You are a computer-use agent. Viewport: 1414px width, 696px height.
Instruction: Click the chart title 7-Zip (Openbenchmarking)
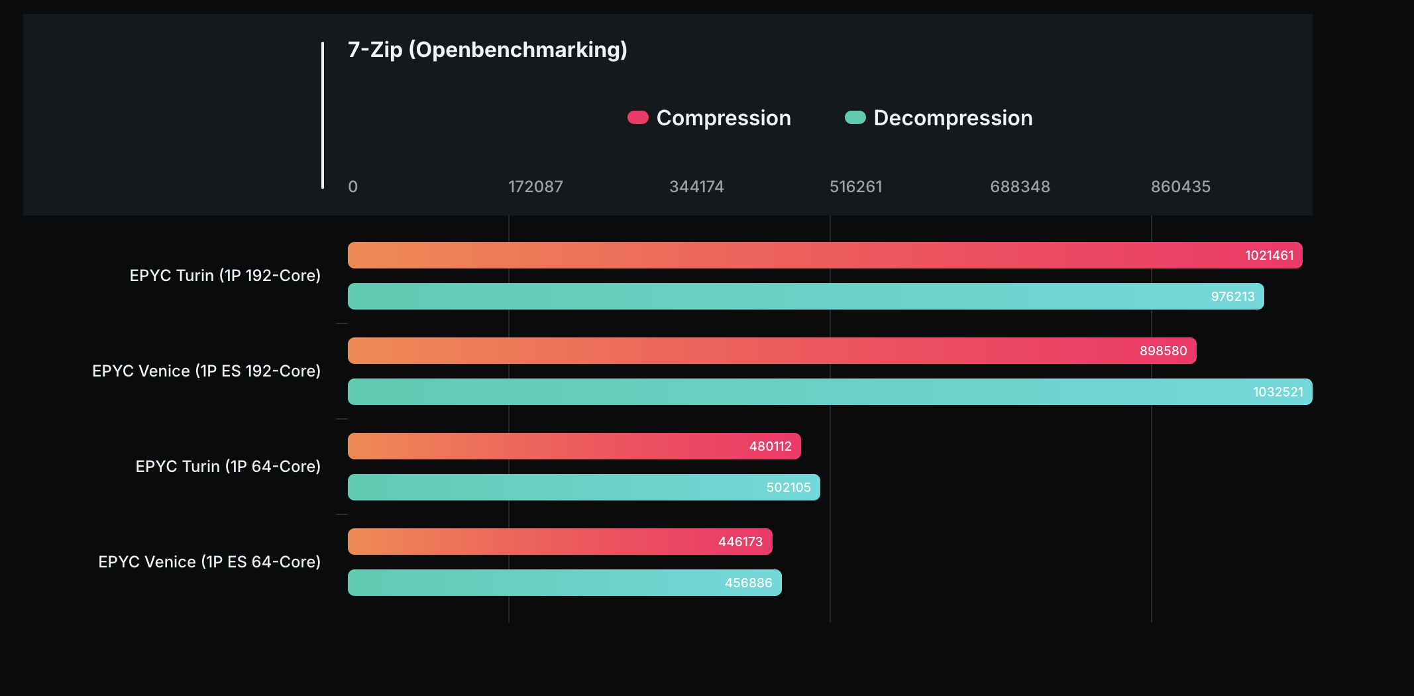tap(487, 50)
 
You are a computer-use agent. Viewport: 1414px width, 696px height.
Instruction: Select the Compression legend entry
tap(710, 118)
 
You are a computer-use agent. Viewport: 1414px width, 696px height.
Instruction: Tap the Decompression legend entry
tap(939, 118)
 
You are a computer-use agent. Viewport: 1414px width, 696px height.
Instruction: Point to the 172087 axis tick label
tap(535, 187)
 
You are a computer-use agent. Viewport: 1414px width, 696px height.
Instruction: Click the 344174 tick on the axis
tap(696, 187)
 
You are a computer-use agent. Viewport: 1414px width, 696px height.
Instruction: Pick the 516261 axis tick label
tap(856, 187)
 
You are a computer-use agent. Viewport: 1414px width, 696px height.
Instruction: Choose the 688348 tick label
tap(1020, 187)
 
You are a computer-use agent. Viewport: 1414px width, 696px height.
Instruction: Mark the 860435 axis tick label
tap(1180, 187)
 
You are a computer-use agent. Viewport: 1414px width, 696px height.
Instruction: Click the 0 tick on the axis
tap(353, 187)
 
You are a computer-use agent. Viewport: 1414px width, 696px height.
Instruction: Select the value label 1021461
tap(1269, 256)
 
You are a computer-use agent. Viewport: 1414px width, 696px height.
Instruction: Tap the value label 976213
tap(1232, 297)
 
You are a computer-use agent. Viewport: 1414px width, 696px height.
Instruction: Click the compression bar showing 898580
tap(772, 351)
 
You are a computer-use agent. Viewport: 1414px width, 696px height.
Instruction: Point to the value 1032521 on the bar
tap(1278, 392)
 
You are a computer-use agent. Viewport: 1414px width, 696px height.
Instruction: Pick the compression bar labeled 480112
tap(574, 446)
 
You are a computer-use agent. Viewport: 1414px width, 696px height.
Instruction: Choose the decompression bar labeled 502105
tap(583, 487)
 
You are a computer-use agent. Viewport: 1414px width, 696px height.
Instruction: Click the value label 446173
tap(740, 542)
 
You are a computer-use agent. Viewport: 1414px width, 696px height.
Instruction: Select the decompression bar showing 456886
tap(565, 583)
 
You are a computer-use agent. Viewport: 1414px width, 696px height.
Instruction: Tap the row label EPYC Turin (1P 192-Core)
tap(225, 276)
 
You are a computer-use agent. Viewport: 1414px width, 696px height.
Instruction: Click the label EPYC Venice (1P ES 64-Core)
tap(209, 562)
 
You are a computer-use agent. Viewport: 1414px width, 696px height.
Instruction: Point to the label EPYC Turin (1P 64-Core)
tap(228, 467)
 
